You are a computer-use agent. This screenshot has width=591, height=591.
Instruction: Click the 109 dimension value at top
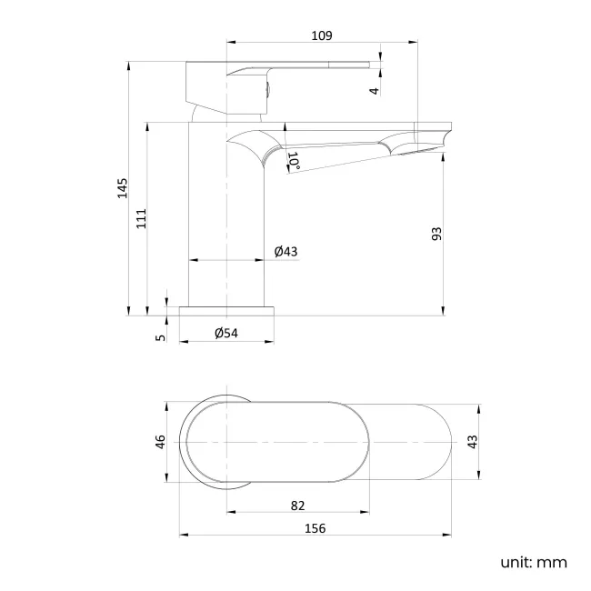tap(321, 35)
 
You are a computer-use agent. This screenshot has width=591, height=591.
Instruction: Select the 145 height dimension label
tap(123, 187)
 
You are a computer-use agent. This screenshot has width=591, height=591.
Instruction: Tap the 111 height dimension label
tap(141, 219)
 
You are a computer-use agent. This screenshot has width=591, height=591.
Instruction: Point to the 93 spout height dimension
tap(436, 234)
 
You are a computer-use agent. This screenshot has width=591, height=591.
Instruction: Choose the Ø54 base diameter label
tap(225, 334)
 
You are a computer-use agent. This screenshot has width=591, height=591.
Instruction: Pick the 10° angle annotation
tap(294, 161)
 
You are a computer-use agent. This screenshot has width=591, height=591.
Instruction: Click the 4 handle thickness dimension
tap(373, 89)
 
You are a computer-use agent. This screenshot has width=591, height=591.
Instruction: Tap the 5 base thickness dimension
tap(160, 336)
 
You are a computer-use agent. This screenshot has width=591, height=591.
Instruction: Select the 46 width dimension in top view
tap(160, 442)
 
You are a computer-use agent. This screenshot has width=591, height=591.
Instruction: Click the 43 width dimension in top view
tap(472, 441)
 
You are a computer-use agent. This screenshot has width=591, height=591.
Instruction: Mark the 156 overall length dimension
tap(315, 527)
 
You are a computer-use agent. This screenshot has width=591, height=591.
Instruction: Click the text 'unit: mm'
tap(533, 562)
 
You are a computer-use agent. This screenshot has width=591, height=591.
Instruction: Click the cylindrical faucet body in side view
tap(225, 218)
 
